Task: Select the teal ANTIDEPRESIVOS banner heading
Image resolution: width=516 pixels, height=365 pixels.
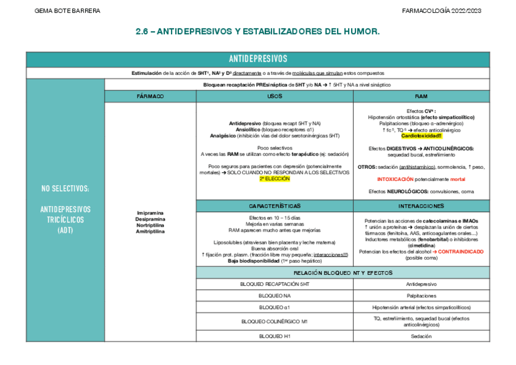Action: click(257, 59)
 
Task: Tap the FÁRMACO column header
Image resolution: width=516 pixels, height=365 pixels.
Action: click(150, 96)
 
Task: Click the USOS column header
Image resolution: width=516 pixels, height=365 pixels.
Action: click(274, 96)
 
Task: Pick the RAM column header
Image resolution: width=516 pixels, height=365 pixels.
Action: click(421, 96)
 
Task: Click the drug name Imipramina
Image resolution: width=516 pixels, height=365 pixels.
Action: click(150, 213)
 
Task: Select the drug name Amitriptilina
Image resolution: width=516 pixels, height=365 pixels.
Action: click(150, 232)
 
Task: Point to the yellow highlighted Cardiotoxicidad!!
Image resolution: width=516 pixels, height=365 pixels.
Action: click(421, 136)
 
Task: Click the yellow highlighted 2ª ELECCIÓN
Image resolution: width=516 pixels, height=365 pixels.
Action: click(274, 179)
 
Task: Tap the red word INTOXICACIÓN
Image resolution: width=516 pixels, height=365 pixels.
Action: click(398, 179)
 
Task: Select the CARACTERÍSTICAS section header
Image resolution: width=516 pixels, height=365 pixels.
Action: click(274, 206)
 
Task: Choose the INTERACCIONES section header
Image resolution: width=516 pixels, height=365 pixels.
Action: click(421, 206)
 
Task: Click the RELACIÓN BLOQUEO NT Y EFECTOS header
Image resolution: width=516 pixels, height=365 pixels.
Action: click(343, 272)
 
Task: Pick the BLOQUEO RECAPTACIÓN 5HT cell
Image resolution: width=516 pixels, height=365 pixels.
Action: click(274, 284)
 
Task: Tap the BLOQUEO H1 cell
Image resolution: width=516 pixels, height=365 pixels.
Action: click(274, 336)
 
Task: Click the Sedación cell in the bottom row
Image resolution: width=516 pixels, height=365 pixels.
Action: click(421, 336)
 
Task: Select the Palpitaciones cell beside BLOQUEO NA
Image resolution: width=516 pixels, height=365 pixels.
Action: click(421, 296)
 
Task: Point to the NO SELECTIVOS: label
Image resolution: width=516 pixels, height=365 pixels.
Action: click(65, 189)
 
